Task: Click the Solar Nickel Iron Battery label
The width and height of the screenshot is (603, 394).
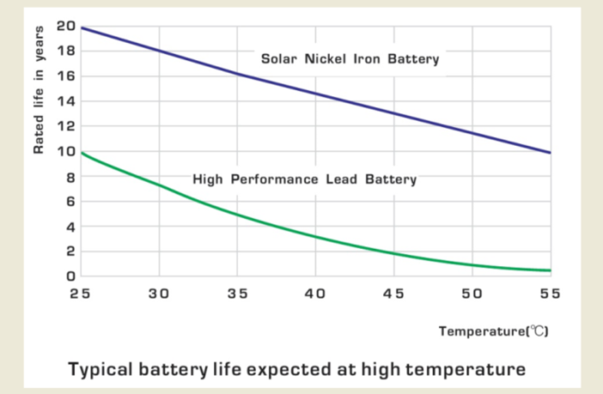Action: pos(350,59)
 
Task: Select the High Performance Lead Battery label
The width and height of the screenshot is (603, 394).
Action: pos(305,179)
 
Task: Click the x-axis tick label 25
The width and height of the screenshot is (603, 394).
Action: pos(80,294)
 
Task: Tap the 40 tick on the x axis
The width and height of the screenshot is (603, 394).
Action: pos(315,294)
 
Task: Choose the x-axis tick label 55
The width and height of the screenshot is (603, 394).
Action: pos(550,294)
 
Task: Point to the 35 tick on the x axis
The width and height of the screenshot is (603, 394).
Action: pos(237,294)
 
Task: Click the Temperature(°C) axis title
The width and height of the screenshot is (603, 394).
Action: pos(493,330)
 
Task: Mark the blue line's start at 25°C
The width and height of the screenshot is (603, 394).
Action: pos(81,27)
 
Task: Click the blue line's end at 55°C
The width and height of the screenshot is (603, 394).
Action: pos(550,153)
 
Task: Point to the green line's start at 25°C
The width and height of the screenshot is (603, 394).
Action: pos(81,153)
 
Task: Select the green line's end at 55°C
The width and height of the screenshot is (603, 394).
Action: pos(550,271)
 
